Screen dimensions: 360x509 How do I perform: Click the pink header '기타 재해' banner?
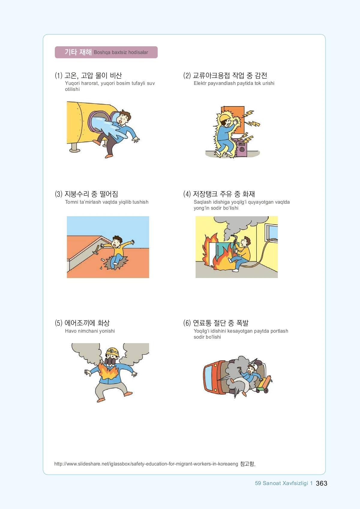click(x=106, y=52)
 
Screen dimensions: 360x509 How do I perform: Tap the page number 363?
click(x=322, y=483)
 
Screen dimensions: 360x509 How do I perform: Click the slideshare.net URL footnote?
click(x=155, y=464)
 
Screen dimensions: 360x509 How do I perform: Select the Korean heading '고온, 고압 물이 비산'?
click(x=93, y=76)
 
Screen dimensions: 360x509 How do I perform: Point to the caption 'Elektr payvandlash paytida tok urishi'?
click(x=234, y=83)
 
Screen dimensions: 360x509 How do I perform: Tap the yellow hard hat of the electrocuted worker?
click(x=224, y=118)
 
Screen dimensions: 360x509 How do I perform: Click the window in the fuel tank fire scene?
click(x=271, y=232)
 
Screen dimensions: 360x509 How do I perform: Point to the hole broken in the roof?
click(x=115, y=263)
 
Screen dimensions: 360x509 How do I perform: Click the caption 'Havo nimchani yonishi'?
click(x=90, y=331)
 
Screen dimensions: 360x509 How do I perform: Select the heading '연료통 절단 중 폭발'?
click(x=220, y=323)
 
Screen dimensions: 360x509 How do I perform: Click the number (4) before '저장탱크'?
click(x=187, y=194)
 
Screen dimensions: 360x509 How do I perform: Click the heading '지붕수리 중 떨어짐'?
click(x=91, y=194)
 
